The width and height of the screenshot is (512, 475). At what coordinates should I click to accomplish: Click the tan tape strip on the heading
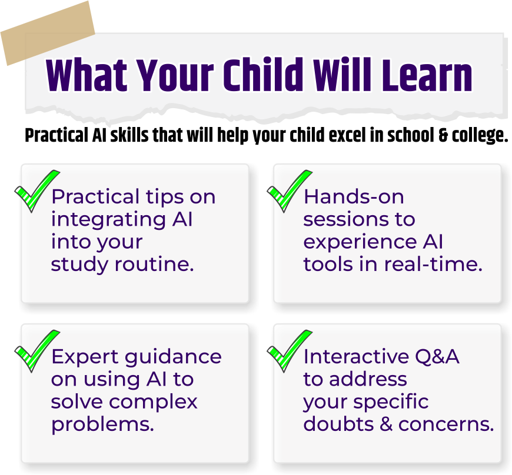pyautogui.click(x=48, y=34)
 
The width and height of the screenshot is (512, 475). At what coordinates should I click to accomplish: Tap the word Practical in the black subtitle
pyautogui.click(x=56, y=135)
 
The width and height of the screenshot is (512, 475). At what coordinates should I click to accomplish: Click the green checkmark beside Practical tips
pyautogui.click(x=37, y=191)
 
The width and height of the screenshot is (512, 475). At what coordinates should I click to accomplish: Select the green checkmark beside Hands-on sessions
pyautogui.click(x=290, y=191)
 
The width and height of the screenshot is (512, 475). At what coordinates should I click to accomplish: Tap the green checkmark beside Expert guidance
pyautogui.click(x=37, y=351)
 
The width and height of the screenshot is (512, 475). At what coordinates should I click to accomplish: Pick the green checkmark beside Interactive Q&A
pyautogui.click(x=290, y=351)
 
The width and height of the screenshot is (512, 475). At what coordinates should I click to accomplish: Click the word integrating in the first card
pyautogui.click(x=108, y=219)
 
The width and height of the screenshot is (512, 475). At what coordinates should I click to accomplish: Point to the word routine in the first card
pyautogui.click(x=154, y=264)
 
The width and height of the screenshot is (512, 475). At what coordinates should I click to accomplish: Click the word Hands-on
pyautogui.click(x=354, y=197)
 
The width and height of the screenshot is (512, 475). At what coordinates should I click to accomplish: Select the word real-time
pyautogui.click(x=433, y=264)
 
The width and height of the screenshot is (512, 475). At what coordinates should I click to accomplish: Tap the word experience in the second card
pyautogui.click(x=360, y=243)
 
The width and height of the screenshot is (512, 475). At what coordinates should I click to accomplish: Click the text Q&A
pyautogui.click(x=437, y=357)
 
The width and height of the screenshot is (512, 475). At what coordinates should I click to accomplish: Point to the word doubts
pyautogui.click(x=338, y=424)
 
